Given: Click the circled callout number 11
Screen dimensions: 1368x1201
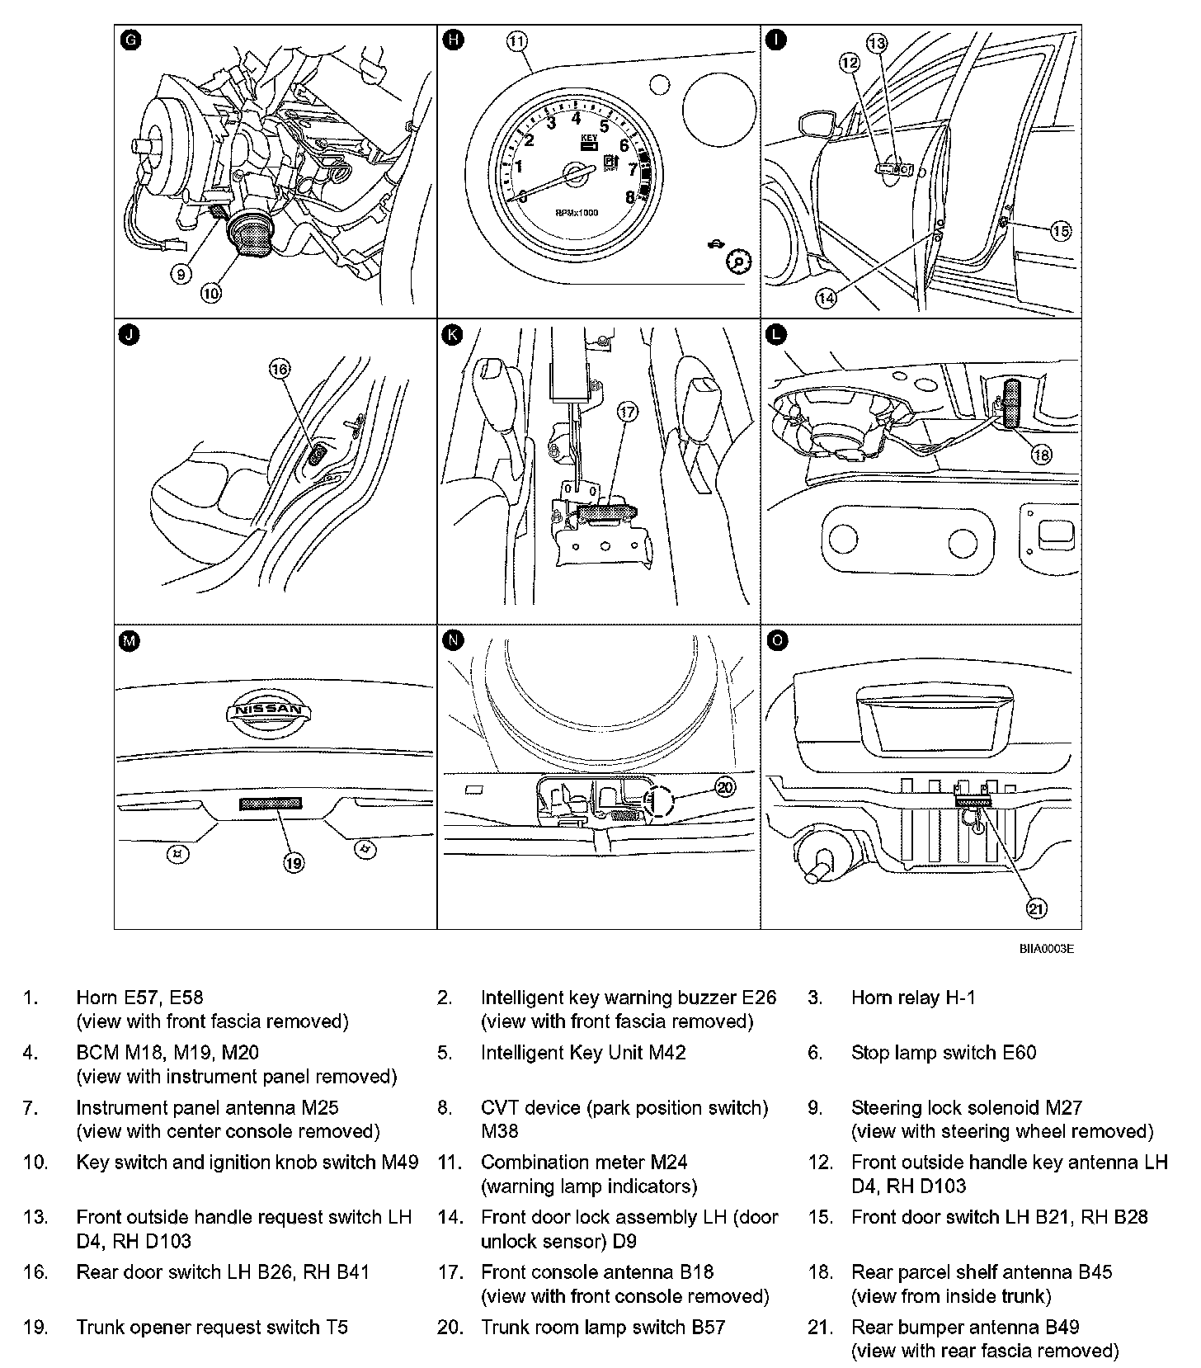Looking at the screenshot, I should pyautogui.click(x=516, y=41).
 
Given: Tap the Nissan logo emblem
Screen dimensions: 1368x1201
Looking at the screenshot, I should pyautogui.click(x=270, y=710).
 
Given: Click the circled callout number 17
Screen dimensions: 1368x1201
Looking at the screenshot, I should pyautogui.click(x=628, y=412).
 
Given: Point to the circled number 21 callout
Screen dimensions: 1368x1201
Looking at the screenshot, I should pyautogui.click(x=1036, y=908).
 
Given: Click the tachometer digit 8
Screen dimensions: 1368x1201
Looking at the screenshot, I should pyautogui.click(x=630, y=196).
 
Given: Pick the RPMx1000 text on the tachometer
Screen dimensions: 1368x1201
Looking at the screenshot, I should pyautogui.click(x=576, y=213).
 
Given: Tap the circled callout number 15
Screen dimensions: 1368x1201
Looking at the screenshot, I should pyautogui.click(x=1061, y=231).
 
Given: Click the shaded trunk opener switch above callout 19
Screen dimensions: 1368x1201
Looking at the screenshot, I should pyautogui.click(x=271, y=804).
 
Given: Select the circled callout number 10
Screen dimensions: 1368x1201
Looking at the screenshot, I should pyautogui.click(x=211, y=291).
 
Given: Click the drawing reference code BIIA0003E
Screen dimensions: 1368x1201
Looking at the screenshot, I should pyautogui.click(x=1046, y=949).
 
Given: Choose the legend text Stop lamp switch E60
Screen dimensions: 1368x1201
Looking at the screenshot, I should pyautogui.click(x=943, y=1053).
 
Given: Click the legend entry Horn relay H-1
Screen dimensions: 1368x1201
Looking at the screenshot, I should pyautogui.click(x=912, y=998).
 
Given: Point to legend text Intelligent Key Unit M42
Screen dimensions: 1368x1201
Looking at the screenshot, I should pyautogui.click(x=582, y=1053).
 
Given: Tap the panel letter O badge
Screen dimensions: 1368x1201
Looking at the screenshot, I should pyautogui.click(x=775, y=639).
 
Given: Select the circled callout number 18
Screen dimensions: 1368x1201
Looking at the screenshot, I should pyautogui.click(x=1042, y=454).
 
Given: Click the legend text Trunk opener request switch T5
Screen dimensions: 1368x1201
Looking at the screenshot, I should pyautogui.click(x=212, y=1328).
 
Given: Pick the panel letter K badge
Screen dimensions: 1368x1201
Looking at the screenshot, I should pyautogui.click(x=452, y=334).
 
